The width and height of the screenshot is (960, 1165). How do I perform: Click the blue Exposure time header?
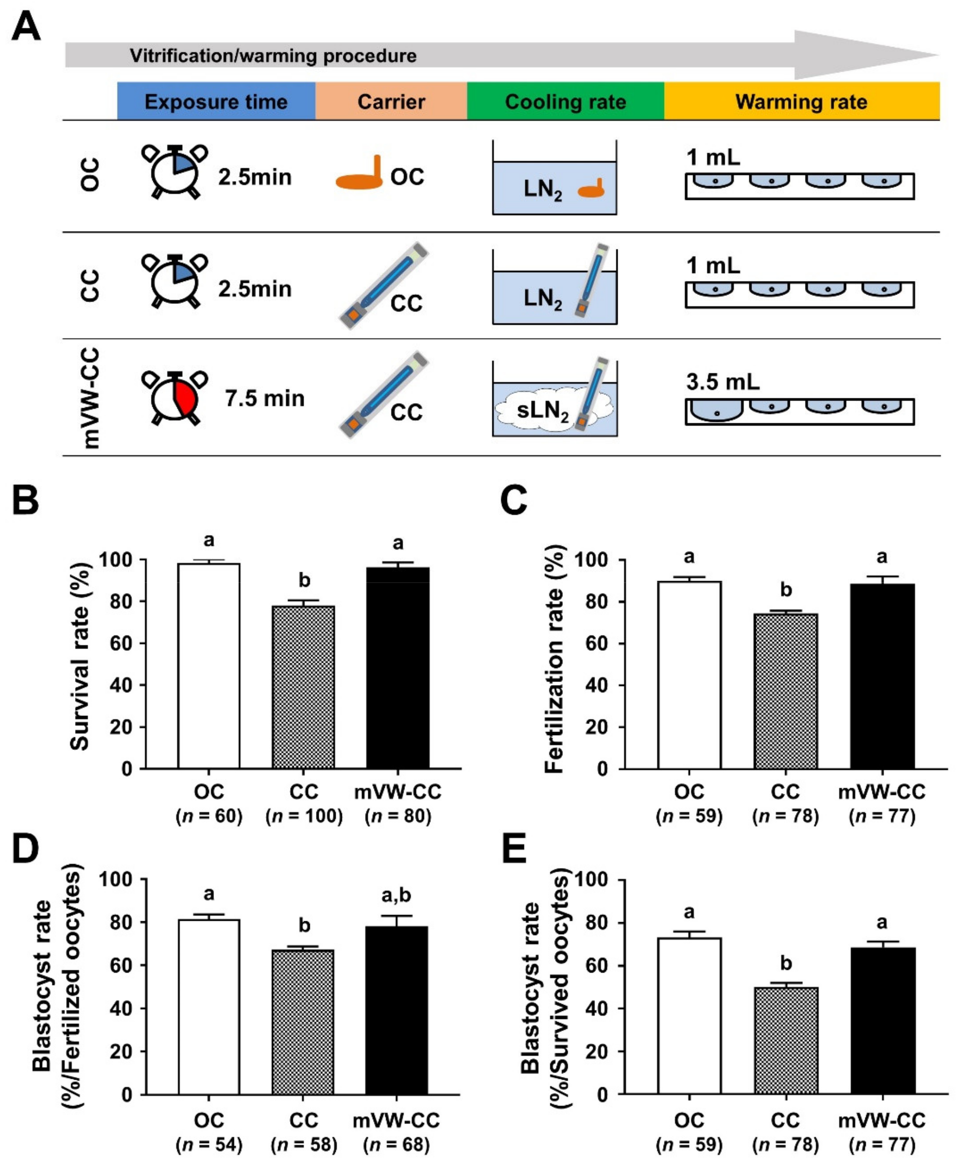pos(216,101)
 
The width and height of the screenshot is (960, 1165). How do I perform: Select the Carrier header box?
pos(391,101)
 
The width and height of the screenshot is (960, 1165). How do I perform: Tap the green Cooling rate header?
pos(565,101)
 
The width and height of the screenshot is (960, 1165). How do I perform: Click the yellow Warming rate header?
pos(801,101)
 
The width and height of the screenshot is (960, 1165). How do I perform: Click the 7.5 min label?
pos(264,398)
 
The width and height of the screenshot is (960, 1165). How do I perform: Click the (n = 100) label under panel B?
pos(304,816)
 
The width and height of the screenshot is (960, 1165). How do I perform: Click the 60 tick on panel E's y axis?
pos(596,965)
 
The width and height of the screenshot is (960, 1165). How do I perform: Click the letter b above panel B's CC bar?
pos(304,580)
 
